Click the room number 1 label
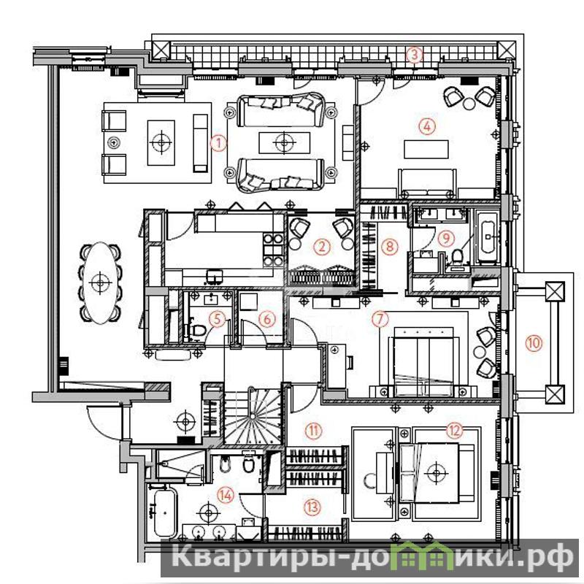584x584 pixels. (x=218, y=143)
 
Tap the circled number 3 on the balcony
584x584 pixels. (x=414, y=55)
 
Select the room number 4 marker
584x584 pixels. (x=427, y=126)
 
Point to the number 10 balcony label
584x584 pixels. (x=534, y=342)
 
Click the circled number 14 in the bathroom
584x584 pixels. (x=226, y=495)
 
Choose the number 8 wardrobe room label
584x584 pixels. (x=390, y=246)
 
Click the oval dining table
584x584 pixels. (x=100, y=283)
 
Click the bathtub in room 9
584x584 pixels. (x=487, y=237)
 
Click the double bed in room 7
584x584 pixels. (x=423, y=362)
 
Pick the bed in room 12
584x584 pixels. (x=436, y=473)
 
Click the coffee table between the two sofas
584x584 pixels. (x=285, y=142)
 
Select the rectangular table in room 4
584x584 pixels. (x=426, y=149)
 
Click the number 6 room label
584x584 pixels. (x=267, y=319)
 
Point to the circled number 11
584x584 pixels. (x=313, y=431)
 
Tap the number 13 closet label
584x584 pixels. (x=312, y=507)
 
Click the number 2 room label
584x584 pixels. (x=322, y=247)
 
